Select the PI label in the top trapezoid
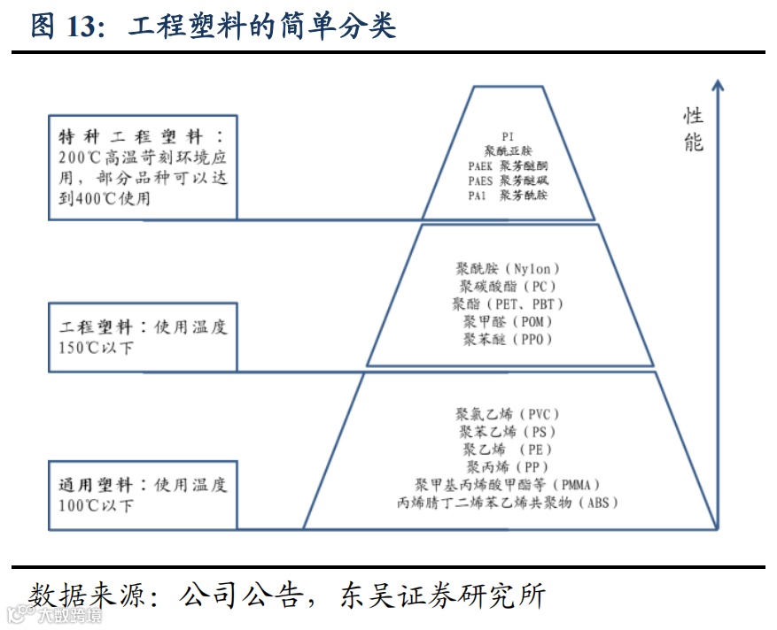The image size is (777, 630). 508,136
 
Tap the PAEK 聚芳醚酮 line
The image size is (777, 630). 508,165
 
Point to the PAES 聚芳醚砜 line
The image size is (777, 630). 508,180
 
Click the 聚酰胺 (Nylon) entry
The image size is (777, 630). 508,268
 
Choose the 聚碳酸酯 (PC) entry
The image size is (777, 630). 508,286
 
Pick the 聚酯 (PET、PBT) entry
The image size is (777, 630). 508,303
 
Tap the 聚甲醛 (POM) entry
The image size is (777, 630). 508,321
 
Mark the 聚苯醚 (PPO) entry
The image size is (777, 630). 508,339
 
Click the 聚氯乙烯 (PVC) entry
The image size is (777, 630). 508,413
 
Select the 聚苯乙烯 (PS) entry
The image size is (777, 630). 508,431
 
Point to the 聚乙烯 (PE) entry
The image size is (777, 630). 508,449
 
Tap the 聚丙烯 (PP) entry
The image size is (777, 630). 508,466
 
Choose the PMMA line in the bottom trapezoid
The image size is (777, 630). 508,485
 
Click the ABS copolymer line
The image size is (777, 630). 508,503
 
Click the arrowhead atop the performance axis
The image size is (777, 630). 718,85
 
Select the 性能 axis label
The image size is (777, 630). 694,129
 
